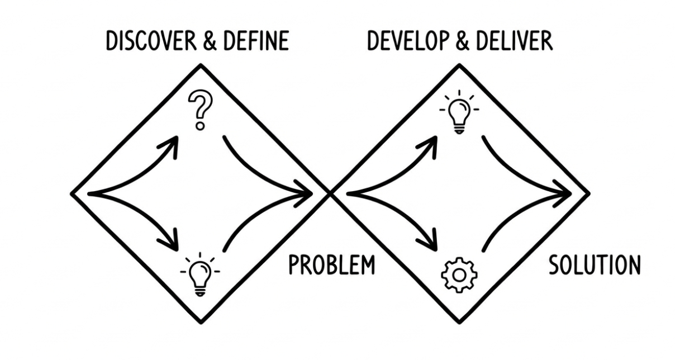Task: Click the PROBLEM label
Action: pyautogui.click(x=331, y=265)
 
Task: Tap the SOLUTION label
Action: pyautogui.click(x=594, y=265)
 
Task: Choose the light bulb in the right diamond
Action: pyautogui.click(x=459, y=113)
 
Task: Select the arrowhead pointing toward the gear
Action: pyautogui.click(x=430, y=243)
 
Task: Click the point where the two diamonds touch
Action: pyautogui.click(x=330, y=193)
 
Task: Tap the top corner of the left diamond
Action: pyautogui.click(x=200, y=65)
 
